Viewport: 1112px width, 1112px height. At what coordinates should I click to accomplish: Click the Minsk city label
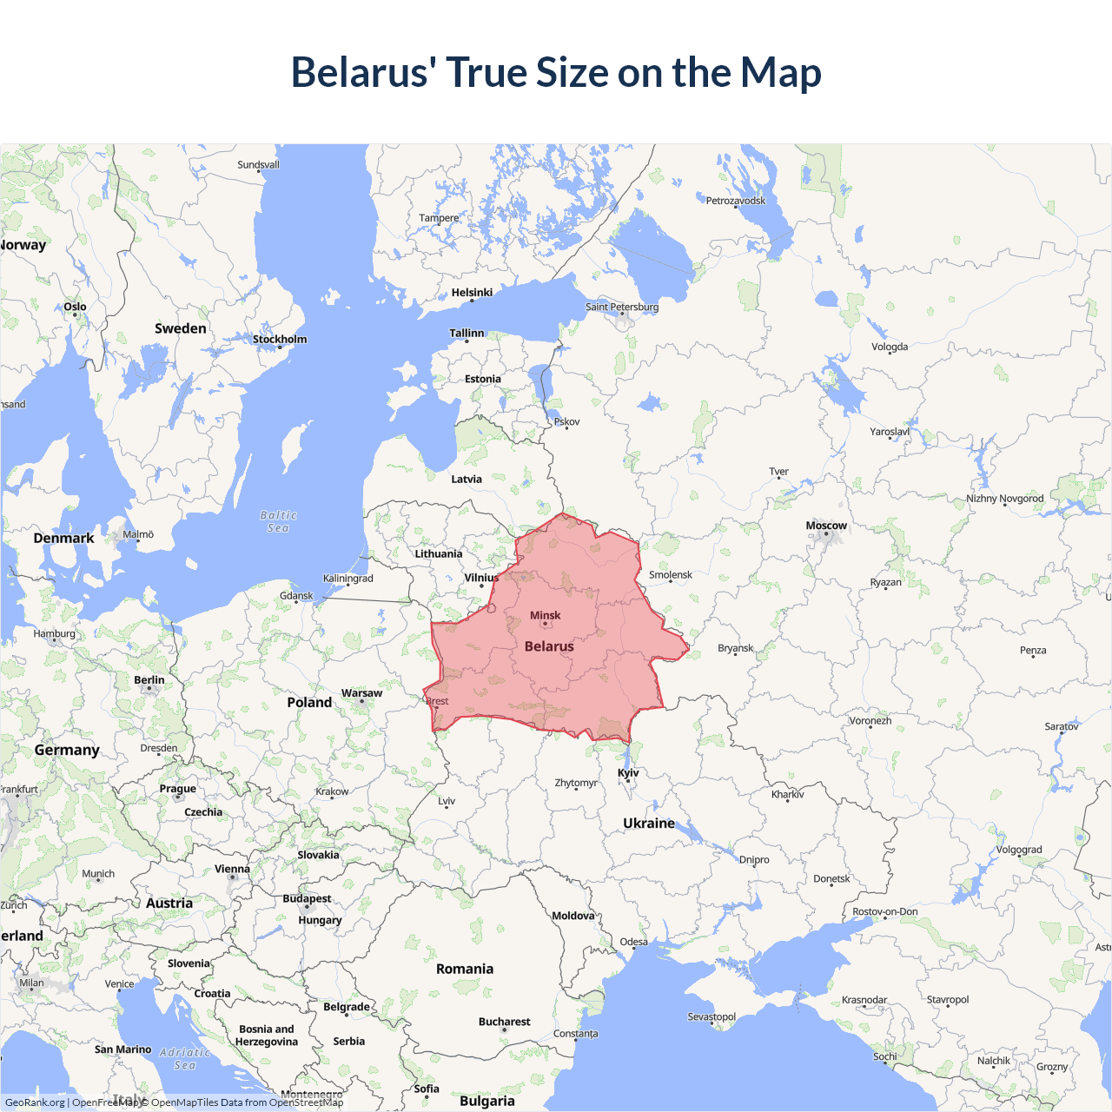[546, 615]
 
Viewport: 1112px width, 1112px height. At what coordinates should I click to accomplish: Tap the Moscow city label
[825, 526]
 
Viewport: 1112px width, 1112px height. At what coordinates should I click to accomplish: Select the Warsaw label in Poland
[361, 693]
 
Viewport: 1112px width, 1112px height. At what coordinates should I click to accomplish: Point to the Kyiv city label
[628, 772]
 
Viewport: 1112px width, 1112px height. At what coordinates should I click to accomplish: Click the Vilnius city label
[481, 578]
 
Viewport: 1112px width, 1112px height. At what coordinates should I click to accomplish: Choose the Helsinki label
[472, 293]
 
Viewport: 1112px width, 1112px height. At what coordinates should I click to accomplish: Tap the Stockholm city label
[280, 339]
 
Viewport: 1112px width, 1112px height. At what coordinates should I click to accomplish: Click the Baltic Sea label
[279, 521]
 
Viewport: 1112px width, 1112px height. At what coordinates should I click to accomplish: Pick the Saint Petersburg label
[622, 307]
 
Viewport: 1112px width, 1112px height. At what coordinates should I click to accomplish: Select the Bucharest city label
[504, 1022]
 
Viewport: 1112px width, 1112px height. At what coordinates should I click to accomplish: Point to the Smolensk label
[671, 574]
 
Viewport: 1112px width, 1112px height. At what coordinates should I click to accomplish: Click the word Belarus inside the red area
[549, 646]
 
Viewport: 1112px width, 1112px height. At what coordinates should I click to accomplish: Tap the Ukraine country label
[649, 823]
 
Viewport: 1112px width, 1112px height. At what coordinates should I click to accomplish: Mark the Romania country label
[465, 969]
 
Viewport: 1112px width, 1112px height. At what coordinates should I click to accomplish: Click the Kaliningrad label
[347, 579]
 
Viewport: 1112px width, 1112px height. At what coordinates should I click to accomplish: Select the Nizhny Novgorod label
[1005, 499]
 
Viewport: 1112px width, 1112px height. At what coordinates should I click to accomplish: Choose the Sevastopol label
[712, 1016]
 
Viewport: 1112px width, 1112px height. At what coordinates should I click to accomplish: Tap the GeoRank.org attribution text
[35, 1102]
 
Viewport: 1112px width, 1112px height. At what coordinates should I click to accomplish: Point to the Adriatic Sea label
[185, 1058]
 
